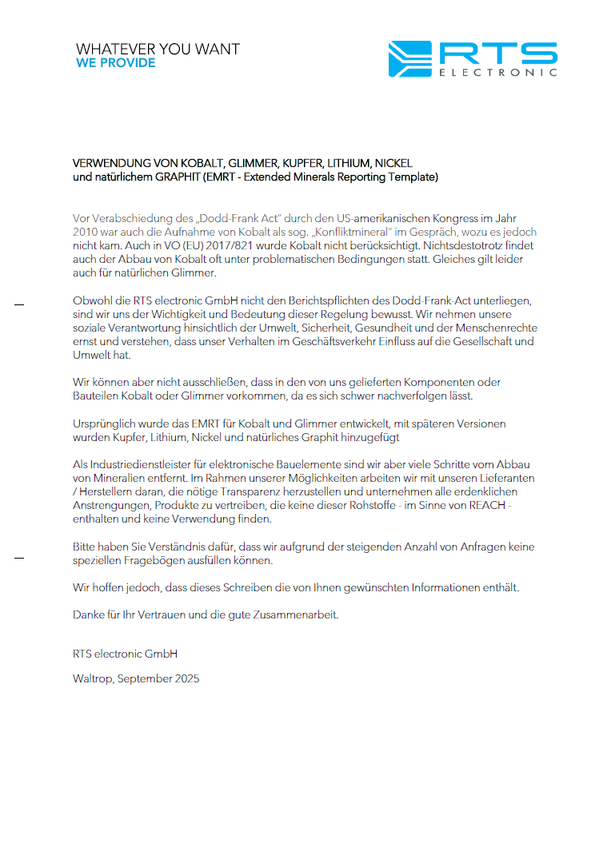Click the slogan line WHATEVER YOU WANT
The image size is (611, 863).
[158, 49]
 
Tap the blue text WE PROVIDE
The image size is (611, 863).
[115, 63]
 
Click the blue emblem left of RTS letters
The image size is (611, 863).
[409, 58]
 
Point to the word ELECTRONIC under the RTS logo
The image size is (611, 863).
[497, 73]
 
